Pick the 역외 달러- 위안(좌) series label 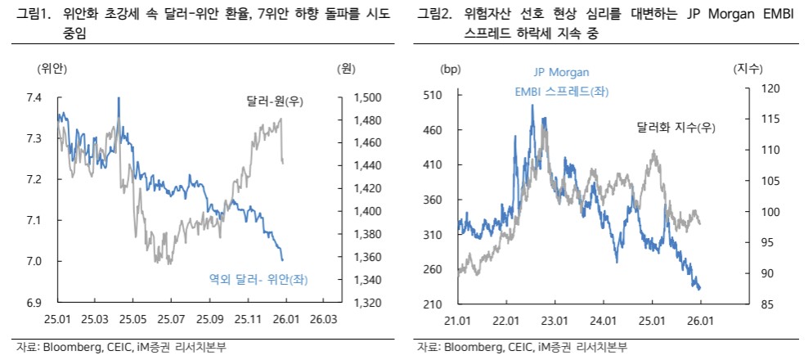tap(263, 280)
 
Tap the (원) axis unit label tap(345, 69)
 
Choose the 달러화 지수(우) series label tap(676, 127)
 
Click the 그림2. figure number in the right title tap(433, 14)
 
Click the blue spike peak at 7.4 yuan tap(119, 99)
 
